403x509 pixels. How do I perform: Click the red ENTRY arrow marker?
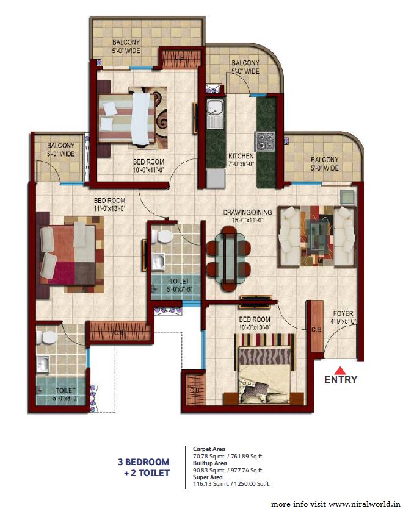[x=341, y=369]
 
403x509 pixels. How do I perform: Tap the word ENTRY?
[x=341, y=380]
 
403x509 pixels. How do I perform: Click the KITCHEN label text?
[x=241, y=155]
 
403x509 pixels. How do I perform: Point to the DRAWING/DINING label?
[x=247, y=212]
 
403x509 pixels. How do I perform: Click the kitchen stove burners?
[x=266, y=141]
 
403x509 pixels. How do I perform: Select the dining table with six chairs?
[x=228, y=252]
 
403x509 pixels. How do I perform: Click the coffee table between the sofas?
[x=316, y=237]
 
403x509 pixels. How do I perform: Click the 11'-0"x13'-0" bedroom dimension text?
[x=109, y=208]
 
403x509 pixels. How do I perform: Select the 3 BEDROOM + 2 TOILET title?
[x=143, y=467]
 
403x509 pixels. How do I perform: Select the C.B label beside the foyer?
[x=316, y=330]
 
